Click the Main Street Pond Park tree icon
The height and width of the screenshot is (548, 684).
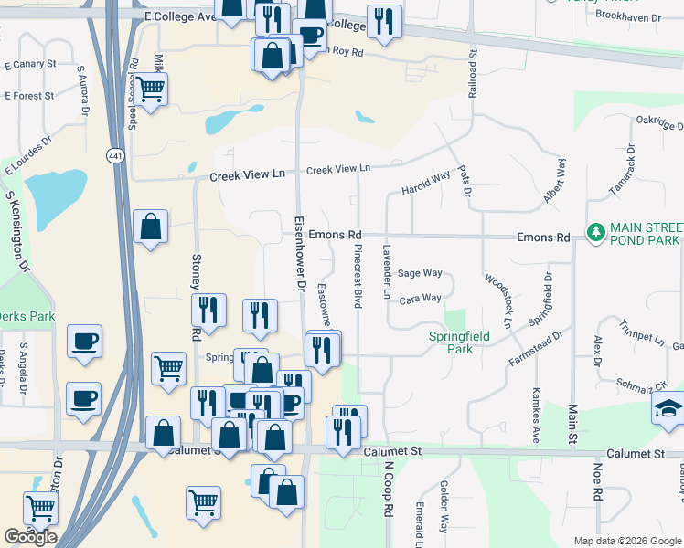tap(596, 233)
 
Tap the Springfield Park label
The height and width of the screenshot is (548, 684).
tap(459, 342)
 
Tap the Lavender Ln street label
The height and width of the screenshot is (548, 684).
tap(387, 273)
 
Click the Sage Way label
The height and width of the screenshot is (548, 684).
tap(420, 273)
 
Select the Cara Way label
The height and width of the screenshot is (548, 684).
tap(420, 298)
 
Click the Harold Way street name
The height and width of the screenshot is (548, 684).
tap(426, 186)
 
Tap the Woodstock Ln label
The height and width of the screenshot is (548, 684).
tap(498, 300)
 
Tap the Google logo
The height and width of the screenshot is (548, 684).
tap(30, 537)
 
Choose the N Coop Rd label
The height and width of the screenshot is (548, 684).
tap(388, 490)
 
